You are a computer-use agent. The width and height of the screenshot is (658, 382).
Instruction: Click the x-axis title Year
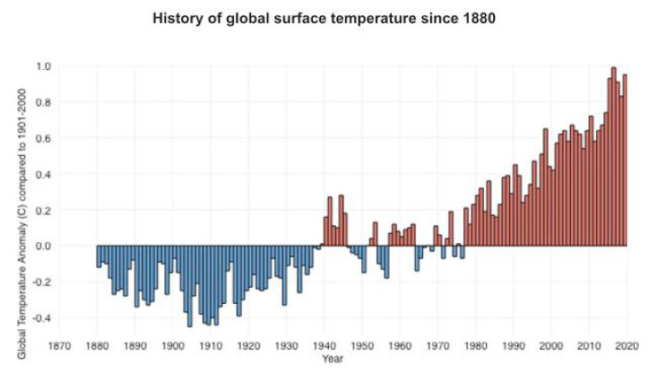[x=333, y=359]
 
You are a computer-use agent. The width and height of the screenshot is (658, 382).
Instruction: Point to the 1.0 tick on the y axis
[x=44, y=66]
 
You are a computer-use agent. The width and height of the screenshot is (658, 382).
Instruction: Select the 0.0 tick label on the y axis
[x=44, y=246]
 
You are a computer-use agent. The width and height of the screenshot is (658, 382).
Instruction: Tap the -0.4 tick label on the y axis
[x=42, y=317]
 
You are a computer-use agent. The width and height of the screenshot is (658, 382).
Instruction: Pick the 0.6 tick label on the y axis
[x=44, y=138]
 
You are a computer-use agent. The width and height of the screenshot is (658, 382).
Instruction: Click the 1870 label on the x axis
[x=59, y=346]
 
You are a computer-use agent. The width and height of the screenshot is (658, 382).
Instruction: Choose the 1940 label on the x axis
[x=324, y=346]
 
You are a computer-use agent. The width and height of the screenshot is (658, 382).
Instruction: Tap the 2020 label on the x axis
[x=627, y=346]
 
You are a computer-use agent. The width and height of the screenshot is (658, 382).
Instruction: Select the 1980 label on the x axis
[x=475, y=346]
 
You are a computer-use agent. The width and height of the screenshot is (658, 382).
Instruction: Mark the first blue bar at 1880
[x=99, y=256]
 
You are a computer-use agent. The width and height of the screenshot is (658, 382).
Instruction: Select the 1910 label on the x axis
[x=211, y=346]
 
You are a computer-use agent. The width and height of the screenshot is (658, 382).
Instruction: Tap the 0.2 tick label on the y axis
[x=44, y=210]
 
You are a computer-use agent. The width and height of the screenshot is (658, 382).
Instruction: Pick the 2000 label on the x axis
[x=551, y=346]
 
